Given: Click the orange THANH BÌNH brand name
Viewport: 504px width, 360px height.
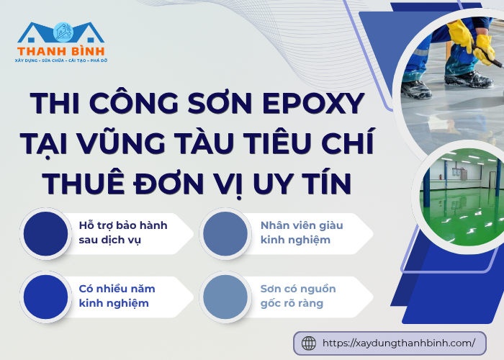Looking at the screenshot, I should (x=61, y=51).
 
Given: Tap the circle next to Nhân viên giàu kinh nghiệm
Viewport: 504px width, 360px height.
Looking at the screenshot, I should (x=225, y=233).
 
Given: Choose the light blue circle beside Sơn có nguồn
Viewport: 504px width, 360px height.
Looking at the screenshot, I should (x=225, y=296).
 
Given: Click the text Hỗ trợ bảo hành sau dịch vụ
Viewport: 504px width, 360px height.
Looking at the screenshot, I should (x=122, y=233).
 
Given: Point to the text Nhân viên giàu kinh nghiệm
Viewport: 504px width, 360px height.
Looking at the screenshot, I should (x=301, y=233).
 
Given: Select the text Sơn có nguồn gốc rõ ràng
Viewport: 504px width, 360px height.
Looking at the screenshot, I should (x=297, y=296).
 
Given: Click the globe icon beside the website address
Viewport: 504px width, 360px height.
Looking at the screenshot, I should (x=309, y=343).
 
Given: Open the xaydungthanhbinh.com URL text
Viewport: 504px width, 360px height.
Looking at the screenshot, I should (x=399, y=343).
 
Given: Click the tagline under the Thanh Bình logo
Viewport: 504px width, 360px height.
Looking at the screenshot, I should (x=60, y=62).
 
